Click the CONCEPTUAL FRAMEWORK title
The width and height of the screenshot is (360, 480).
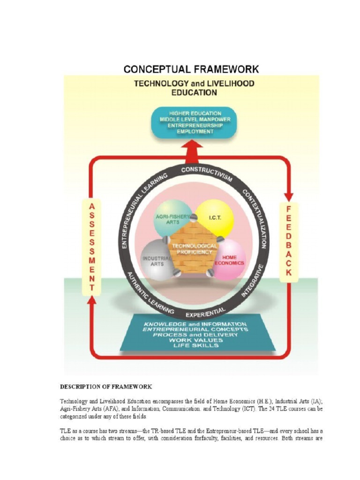[x=191, y=69]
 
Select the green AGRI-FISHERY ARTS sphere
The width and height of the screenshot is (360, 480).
[x=172, y=217]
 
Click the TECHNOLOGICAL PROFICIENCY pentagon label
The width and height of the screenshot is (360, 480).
[x=195, y=249]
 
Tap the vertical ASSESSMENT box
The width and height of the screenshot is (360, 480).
[x=92, y=247]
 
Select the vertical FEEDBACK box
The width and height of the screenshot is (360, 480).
[x=289, y=241]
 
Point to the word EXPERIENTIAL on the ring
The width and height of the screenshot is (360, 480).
[x=205, y=311]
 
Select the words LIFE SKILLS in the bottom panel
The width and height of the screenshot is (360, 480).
[x=195, y=345]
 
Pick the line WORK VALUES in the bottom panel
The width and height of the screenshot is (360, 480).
[x=195, y=340]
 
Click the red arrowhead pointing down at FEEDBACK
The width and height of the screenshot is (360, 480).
[x=289, y=196]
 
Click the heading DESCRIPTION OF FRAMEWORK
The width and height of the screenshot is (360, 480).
[x=105, y=387]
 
